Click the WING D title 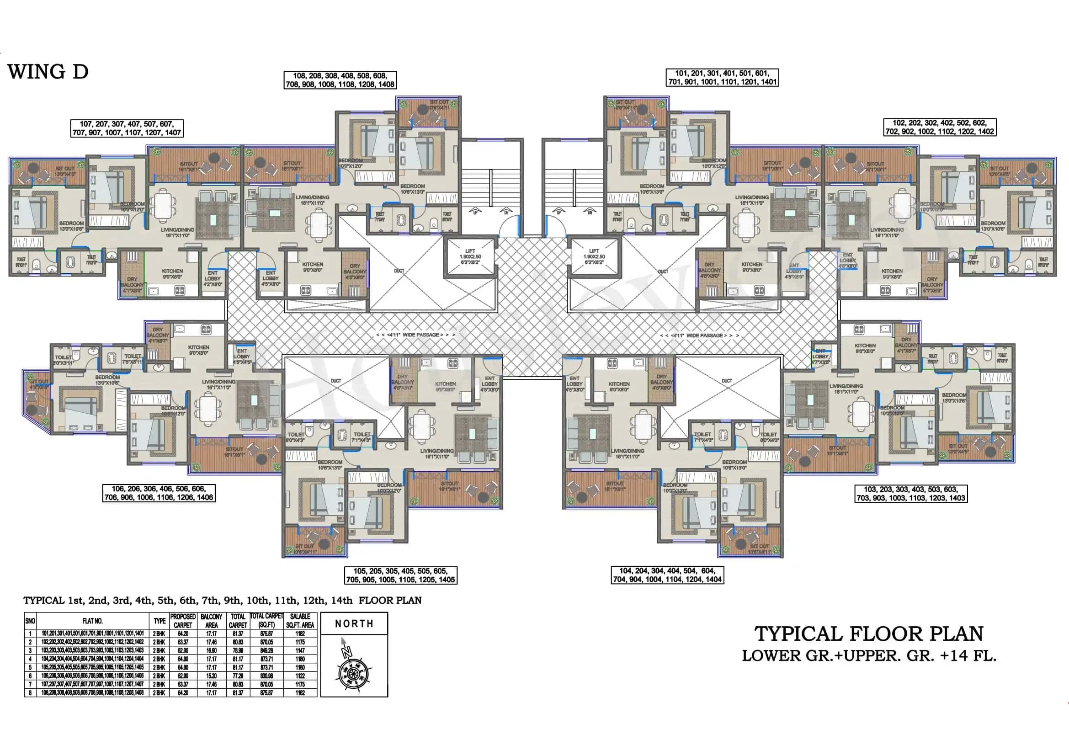[48, 72]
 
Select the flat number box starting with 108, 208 [340, 80]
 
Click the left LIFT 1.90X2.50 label [470, 256]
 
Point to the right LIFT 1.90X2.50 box [594, 256]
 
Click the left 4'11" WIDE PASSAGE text [415, 335]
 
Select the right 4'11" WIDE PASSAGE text [699, 335]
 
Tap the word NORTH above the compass [354, 623]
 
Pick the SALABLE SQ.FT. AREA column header [300, 621]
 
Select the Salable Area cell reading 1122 [300, 676]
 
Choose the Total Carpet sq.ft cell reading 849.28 [266, 650]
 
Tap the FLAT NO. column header [92, 621]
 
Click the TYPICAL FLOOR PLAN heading [869, 634]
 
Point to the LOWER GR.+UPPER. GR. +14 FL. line [869, 656]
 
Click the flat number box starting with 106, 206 [159, 493]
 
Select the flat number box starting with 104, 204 [667, 575]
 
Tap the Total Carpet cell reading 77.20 [238, 676]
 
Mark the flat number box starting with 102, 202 [940, 127]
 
